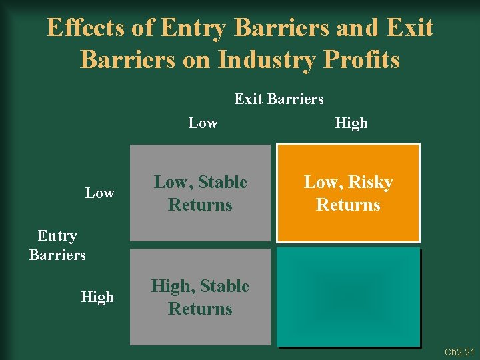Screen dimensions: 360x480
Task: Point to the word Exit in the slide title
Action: (x=409, y=28)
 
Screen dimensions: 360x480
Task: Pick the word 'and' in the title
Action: (x=359, y=28)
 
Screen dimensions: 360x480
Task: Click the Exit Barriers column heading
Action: (x=279, y=99)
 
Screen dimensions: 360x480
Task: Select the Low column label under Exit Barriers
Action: (x=203, y=123)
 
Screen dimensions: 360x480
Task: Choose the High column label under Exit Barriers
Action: (x=351, y=123)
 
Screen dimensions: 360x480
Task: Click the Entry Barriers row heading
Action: (x=57, y=245)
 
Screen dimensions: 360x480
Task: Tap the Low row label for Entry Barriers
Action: (x=100, y=193)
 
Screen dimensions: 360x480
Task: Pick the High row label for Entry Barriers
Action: (x=97, y=297)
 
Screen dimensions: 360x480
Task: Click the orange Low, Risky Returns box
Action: (x=348, y=193)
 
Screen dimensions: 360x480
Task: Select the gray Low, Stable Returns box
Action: (x=200, y=193)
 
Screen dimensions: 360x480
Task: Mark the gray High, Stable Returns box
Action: (x=200, y=297)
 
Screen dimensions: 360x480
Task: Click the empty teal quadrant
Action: (x=348, y=297)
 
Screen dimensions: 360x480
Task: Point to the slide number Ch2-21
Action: (x=459, y=352)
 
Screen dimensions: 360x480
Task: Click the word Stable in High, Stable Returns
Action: (x=224, y=287)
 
